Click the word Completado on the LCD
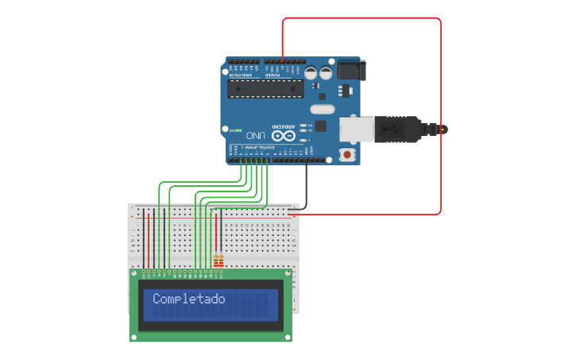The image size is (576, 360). [x=188, y=300]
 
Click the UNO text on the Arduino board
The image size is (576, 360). [x=255, y=135]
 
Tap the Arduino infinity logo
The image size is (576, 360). [x=284, y=135]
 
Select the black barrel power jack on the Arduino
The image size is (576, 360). [x=350, y=71]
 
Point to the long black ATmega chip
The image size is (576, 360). [x=265, y=88]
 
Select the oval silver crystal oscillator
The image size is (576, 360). [x=322, y=109]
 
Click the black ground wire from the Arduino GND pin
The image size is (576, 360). [x=306, y=187]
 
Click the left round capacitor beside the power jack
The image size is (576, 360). [x=311, y=72]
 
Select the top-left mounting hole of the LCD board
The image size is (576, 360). [x=133, y=273]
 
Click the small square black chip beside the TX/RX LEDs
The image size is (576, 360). [x=320, y=126]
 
